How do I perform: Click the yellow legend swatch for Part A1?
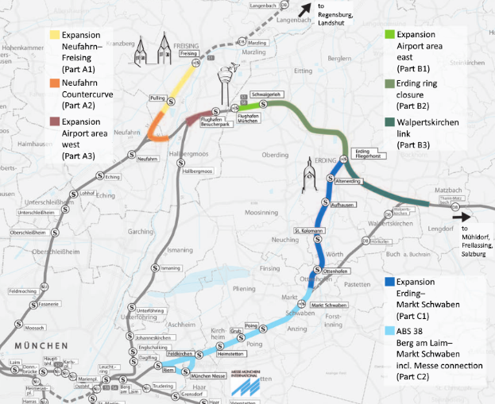click(x=54, y=35)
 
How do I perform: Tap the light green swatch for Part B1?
click(x=389, y=35)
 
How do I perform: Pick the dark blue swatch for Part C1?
click(x=389, y=281)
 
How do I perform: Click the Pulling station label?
click(x=157, y=98)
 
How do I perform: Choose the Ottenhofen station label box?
click(x=337, y=271)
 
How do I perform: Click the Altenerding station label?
click(x=348, y=182)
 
